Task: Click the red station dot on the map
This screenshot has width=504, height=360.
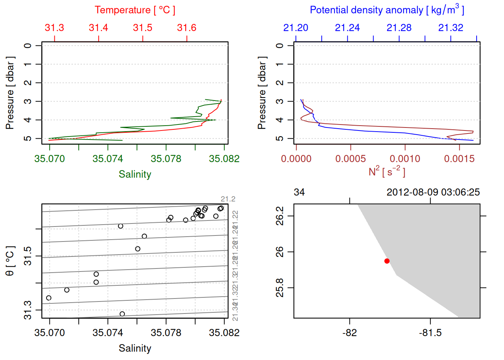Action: pyautogui.click(x=387, y=261)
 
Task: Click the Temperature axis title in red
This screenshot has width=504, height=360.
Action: pyautogui.click(x=135, y=10)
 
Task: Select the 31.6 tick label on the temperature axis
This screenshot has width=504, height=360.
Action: pyautogui.click(x=187, y=28)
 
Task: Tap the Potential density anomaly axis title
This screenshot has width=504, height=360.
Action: pyautogui.click(x=387, y=10)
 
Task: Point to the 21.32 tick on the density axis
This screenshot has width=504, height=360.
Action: pyautogui.click(x=451, y=28)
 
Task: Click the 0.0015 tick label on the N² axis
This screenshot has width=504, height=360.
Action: pyautogui.click(x=459, y=159)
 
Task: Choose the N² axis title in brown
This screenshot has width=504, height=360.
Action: pyautogui.click(x=387, y=171)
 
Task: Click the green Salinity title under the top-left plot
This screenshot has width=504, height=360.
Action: pyautogui.click(x=135, y=174)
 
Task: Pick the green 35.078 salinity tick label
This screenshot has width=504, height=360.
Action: pyautogui.click(x=166, y=159)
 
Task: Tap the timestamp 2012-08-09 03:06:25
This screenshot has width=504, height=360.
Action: pyautogui.click(x=433, y=192)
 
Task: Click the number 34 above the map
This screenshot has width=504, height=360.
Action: pyautogui.click(x=299, y=192)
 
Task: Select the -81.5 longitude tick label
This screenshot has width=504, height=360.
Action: pyautogui.click(x=430, y=333)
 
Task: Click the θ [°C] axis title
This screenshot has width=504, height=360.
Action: pyautogui.click(x=10, y=261)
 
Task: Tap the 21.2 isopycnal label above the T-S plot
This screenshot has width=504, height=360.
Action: pyautogui.click(x=228, y=199)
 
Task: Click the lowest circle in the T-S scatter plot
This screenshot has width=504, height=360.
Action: pyautogui.click(x=122, y=314)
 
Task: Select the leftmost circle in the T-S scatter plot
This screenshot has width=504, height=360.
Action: pyautogui.click(x=49, y=298)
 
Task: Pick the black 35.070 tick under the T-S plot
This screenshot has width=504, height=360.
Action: pyautogui.click(x=49, y=333)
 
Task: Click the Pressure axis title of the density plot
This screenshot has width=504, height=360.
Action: pyautogui.click(x=262, y=93)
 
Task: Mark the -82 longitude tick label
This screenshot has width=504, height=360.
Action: pyautogui.click(x=349, y=333)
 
